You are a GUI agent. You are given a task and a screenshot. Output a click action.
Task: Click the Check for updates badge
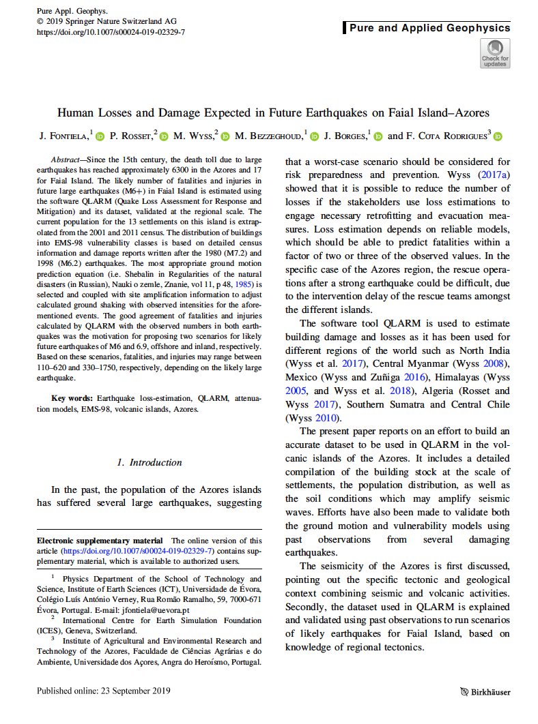pyautogui.click(x=494, y=52)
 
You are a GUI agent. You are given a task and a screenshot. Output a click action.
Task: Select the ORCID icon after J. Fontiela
pyautogui.click(x=99, y=136)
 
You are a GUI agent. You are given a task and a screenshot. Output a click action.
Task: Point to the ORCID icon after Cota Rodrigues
pyautogui.click(x=498, y=136)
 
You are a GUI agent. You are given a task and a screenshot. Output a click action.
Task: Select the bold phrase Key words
pyautogui.click(x=71, y=397)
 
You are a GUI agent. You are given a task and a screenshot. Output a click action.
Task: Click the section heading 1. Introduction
pyautogui.click(x=149, y=462)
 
